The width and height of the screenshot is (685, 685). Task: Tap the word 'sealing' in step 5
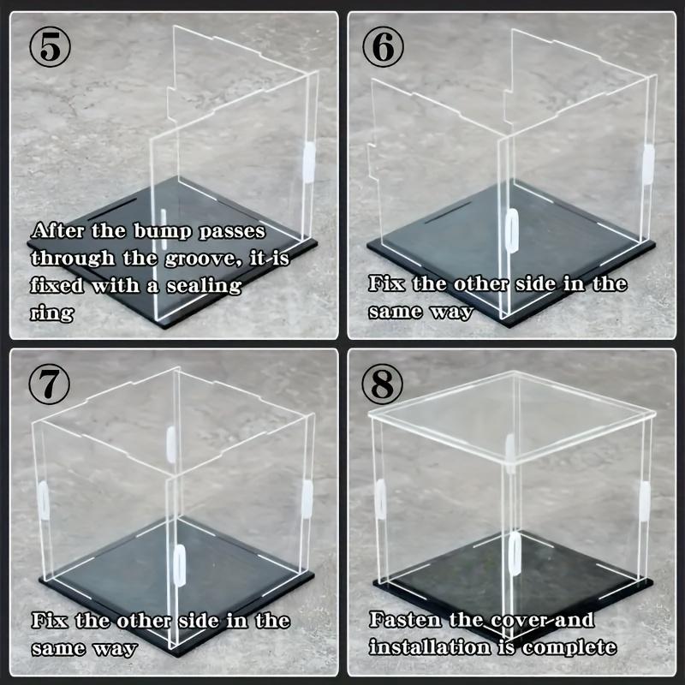click(x=201, y=285)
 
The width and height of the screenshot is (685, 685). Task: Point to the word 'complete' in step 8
click(x=569, y=646)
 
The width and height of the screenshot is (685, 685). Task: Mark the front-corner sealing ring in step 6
click(x=511, y=232)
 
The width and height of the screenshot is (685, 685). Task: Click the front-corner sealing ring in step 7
click(x=180, y=563)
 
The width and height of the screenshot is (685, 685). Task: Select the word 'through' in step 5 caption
click(x=70, y=258)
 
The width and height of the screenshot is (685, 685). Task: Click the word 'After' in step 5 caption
click(x=59, y=231)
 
